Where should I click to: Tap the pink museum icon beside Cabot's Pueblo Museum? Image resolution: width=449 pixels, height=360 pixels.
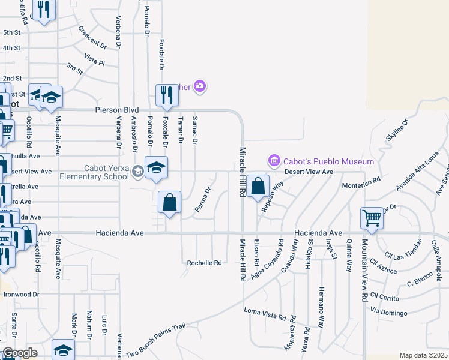[274, 161]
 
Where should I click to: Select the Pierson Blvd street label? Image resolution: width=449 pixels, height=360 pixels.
[117, 110]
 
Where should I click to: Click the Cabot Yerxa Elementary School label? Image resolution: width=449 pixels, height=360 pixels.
[94, 172]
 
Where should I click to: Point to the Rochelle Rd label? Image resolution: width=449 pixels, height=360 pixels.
[204, 263]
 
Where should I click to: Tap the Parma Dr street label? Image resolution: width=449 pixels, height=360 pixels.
[203, 200]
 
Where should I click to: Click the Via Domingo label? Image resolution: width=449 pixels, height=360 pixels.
[389, 313]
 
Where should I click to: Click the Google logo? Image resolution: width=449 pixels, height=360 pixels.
[20, 353]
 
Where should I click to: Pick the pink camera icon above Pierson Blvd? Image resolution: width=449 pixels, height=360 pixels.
[200, 87]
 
